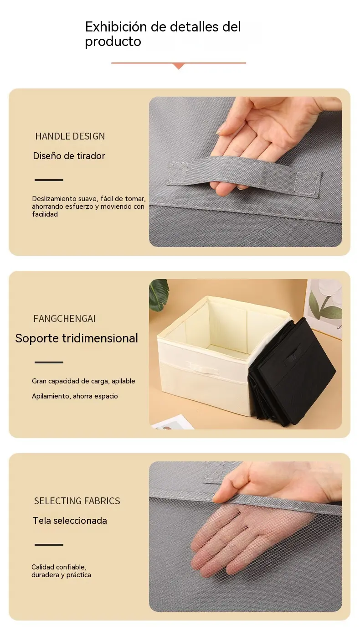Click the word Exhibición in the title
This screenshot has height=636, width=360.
pyautogui.click(x=116, y=27)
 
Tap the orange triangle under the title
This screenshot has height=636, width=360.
pyautogui.click(x=179, y=66)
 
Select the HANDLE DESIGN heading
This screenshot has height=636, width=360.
pyautogui.click(x=70, y=136)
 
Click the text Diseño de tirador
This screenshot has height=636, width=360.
pyautogui.click(x=69, y=156)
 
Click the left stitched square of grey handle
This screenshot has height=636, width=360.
pyautogui.click(x=178, y=172)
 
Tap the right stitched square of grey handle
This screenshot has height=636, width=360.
pyautogui.click(x=307, y=185)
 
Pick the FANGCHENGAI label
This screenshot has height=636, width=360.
pyautogui.click(x=64, y=319)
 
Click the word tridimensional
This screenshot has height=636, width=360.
pyautogui.click(x=100, y=338)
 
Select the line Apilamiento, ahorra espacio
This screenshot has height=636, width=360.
pyautogui.click(x=75, y=396)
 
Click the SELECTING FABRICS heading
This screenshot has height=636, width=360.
pyautogui.click(x=77, y=501)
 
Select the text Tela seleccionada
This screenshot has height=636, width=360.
pyautogui.click(x=70, y=521)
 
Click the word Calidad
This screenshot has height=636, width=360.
pyautogui.click(x=43, y=567)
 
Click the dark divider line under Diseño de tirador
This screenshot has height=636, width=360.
pyautogui.click(x=49, y=180)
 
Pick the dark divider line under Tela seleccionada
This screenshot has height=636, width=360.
pyautogui.click(x=49, y=544)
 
